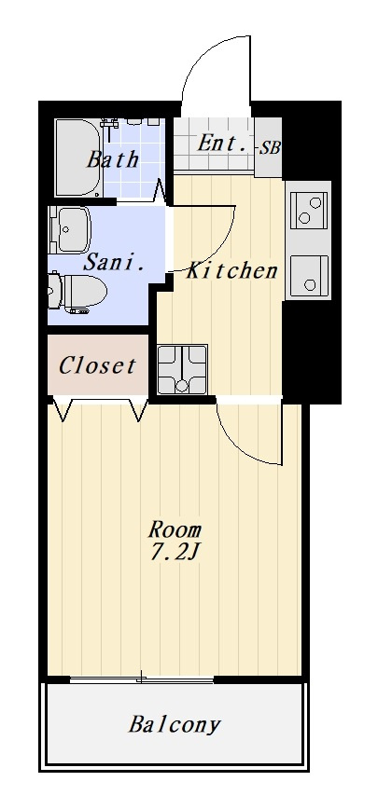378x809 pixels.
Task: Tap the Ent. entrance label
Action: tap(222, 143)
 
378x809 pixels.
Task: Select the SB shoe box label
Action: tap(269, 148)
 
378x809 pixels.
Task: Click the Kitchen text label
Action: tap(231, 270)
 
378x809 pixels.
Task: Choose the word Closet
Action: tap(97, 365)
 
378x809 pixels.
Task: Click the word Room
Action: tap(175, 529)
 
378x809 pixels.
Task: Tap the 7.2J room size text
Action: tap(175, 552)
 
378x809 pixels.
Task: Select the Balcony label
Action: tap(175, 724)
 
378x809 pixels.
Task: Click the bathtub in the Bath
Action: tap(78, 158)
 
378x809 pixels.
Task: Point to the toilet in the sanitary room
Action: tap(77, 292)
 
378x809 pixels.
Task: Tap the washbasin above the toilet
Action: tap(70, 230)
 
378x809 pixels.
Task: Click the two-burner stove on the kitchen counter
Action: tap(309, 210)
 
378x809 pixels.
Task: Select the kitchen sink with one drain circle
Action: tap(309, 276)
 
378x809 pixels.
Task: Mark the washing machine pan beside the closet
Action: tap(182, 369)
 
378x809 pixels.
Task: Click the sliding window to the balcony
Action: tap(142, 680)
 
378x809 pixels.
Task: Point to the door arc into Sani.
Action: tap(216, 249)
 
